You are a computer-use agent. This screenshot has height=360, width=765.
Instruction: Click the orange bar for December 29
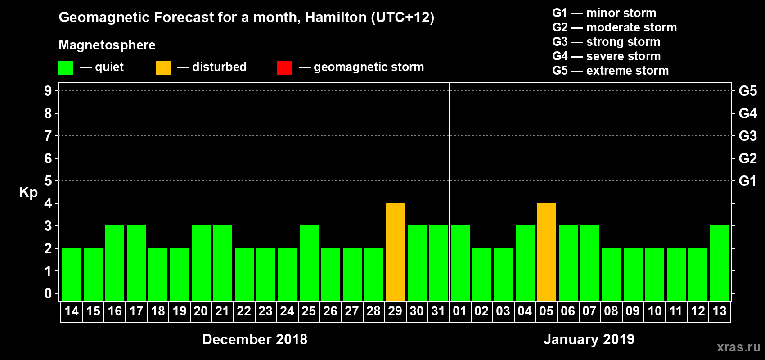(x=396, y=252)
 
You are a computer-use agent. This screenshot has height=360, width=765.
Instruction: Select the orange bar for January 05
(x=547, y=252)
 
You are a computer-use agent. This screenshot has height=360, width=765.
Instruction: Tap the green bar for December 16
(x=115, y=263)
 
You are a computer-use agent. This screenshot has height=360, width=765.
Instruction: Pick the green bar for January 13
(x=720, y=263)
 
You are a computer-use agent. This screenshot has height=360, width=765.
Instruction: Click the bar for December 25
(x=309, y=263)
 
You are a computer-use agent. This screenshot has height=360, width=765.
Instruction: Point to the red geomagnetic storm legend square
(x=284, y=68)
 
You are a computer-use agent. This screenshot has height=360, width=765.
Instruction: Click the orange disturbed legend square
(x=163, y=68)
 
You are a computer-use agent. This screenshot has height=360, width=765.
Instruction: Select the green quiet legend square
(x=66, y=68)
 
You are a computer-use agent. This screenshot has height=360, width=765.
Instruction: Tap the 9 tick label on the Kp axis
(x=48, y=91)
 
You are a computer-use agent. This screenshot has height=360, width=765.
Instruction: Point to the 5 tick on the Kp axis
(x=48, y=181)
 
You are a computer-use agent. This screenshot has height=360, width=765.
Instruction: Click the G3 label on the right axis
(x=747, y=136)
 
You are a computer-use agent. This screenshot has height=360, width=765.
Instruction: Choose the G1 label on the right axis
(x=747, y=181)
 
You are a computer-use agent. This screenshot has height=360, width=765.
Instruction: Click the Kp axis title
(x=28, y=192)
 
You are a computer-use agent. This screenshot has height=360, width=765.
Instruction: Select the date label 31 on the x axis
(x=438, y=311)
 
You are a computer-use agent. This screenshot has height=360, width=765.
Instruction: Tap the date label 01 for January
(x=460, y=311)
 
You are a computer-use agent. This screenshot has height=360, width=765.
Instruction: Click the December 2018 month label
(x=255, y=339)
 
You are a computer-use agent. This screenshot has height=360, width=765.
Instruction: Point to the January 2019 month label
(x=589, y=339)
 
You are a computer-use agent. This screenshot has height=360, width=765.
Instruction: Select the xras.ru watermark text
(x=738, y=347)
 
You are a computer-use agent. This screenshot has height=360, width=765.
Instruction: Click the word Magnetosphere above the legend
(x=107, y=45)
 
